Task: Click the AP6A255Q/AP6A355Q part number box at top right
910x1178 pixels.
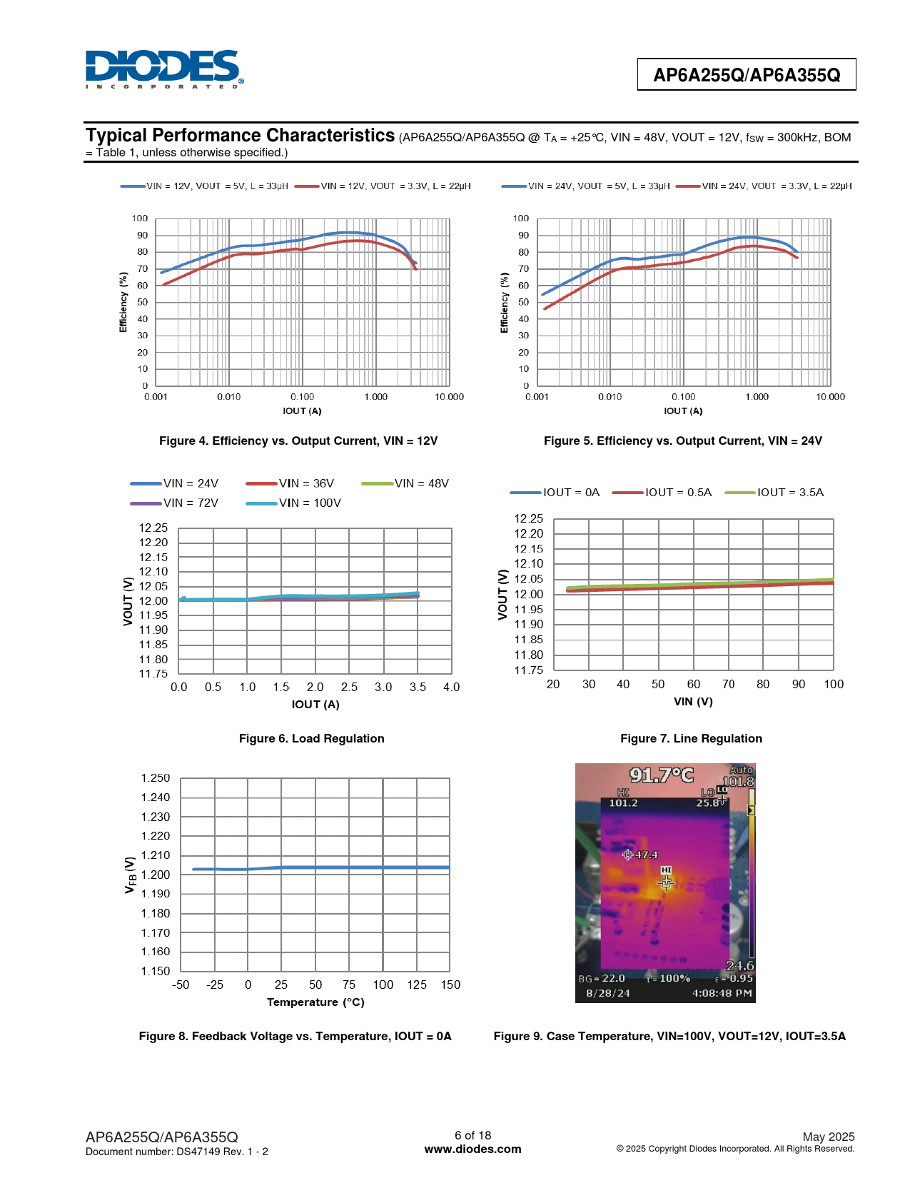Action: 746,75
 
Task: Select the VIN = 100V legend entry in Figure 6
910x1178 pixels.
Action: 294,503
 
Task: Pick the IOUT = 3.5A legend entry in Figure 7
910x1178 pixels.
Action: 774,493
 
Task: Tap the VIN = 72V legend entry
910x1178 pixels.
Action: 175,503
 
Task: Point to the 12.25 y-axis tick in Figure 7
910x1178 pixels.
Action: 529,518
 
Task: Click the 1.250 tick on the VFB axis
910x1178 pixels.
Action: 156,778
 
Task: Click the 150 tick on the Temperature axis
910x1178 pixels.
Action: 450,985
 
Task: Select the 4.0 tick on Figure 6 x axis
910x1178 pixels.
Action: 451,688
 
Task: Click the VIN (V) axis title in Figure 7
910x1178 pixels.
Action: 693,702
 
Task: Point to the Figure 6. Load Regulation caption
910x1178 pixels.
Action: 311,739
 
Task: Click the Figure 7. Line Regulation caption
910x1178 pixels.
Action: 691,739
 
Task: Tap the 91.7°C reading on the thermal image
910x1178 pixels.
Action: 661,775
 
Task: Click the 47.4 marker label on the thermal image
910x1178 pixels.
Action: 646,855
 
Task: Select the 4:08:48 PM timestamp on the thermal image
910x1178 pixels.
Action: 722,993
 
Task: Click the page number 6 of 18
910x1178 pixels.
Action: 472,1135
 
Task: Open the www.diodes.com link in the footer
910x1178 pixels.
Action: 472,1149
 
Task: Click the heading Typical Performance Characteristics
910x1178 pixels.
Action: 241,136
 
